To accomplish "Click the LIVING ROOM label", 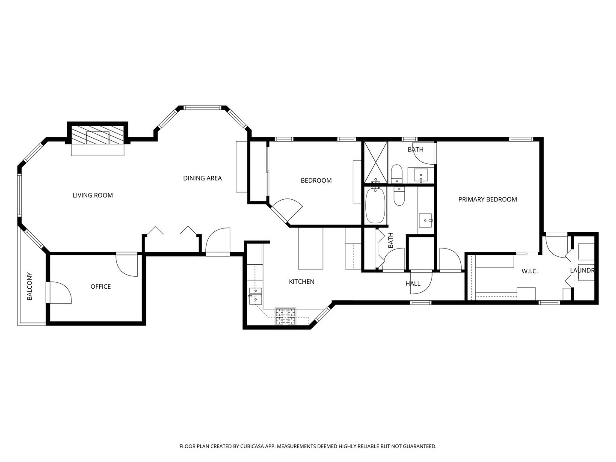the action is (x=92, y=195).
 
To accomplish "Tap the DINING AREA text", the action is (x=202, y=178).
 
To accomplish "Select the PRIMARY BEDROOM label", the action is (x=488, y=199).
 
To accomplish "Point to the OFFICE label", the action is (x=101, y=287).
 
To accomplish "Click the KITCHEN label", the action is (x=302, y=281).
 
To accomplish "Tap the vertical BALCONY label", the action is (x=30, y=286).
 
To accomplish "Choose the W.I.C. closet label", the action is (x=530, y=271).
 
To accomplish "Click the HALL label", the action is (x=413, y=284).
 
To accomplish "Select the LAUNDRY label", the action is (x=582, y=270).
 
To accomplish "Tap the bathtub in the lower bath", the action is (x=376, y=206).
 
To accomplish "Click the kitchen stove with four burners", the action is (x=286, y=317).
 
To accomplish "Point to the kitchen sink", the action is (x=256, y=296).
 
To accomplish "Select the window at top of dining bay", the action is (x=202, y=107).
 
